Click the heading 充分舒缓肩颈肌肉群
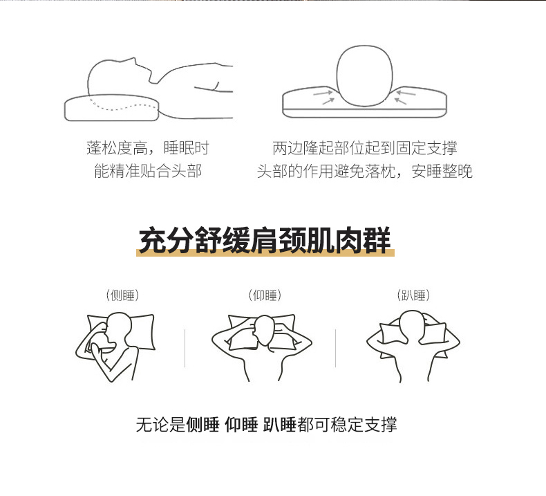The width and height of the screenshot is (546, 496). pyautogui.click(x=265, y=240)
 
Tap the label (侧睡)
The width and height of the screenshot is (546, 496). pyautogui.click(x=122, y=295)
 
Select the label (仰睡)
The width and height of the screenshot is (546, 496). pyautogui.click(x=265, y=295)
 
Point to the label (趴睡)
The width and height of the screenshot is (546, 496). pyautogui.click(x=413, y=295)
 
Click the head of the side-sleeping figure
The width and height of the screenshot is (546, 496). pyautogui.click(x=117, y=329)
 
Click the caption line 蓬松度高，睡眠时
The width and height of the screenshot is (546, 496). pyautogui.click(x=148, y=148)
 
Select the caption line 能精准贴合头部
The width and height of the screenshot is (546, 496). pyautogui.click(x=148, y=171)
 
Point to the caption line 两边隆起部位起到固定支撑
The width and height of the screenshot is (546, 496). pyautogui.click(x=365, y=148)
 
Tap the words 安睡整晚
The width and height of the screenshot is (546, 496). pyautogui.click(x=442, y=171)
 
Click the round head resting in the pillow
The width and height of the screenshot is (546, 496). pyautogui.click(x=364, y=75)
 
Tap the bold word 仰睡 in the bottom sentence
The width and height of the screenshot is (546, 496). pyautogui.click(x=241, y=425)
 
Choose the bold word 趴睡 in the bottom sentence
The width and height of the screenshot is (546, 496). pyautogui.click(x=279, y=425)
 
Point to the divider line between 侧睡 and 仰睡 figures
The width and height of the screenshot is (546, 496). pyautogui.click(x=185, y=348)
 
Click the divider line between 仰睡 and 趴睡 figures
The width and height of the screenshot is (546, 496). pyautogui.click(x=335, y=348)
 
